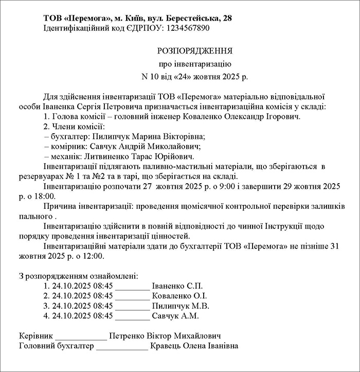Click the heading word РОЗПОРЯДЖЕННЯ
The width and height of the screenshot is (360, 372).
[x=194, y=51]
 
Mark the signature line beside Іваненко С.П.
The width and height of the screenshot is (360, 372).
[x=132, y=287]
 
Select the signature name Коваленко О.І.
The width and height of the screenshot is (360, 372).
[x=180, y=296]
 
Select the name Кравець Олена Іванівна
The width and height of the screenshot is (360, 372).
[x=194, y=346]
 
